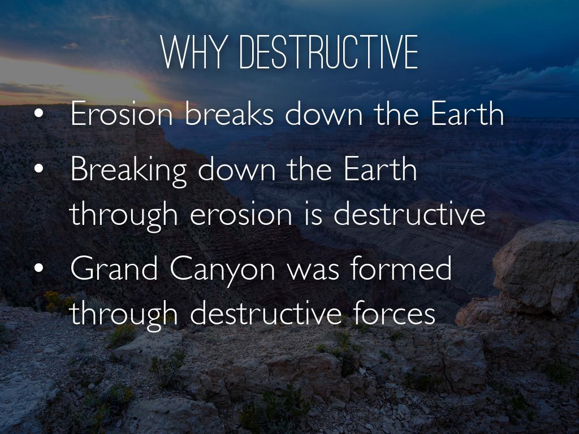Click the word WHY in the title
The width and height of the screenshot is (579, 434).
(x=193, y=53)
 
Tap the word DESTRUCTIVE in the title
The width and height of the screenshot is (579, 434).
(x=329, y=53)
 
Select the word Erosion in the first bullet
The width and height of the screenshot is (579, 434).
(x=122, y=113)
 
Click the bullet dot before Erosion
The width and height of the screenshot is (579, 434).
(x=39, y=114)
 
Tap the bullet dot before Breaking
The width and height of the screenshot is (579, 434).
(x=39, y=169)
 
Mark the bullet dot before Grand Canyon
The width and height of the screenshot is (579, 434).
(x=39, y=268)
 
